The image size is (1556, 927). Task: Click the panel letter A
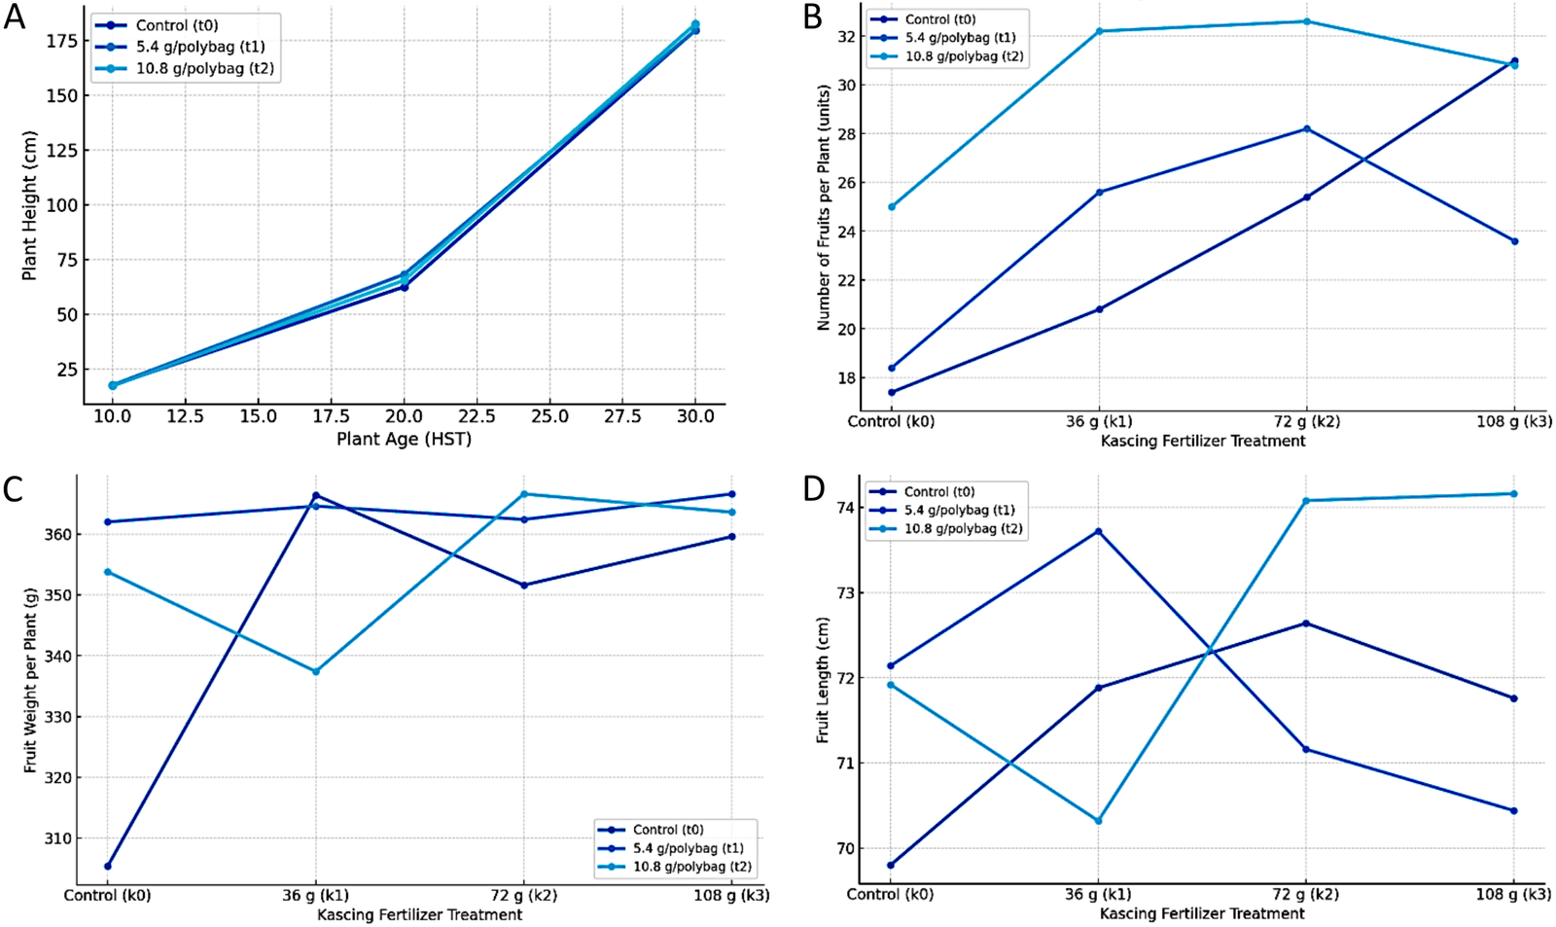pos(14,18)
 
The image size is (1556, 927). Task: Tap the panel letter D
pos(814,489)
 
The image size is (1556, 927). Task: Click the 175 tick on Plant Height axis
pos(61,41)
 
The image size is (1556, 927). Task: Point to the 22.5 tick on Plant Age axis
pos(477,416)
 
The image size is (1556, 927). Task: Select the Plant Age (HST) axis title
pos(404,440)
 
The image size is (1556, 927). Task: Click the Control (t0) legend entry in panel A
pos(176,25)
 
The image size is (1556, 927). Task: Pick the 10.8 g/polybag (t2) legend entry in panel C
pos(691,867)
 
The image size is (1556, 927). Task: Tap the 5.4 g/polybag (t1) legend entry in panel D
pos(959,510)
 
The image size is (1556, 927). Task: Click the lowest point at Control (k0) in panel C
pos(107,866)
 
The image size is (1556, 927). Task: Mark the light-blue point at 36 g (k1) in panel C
pos(316,671)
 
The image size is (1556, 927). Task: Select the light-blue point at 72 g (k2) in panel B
pos(1306,21)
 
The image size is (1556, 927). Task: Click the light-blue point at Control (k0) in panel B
pos(892,207)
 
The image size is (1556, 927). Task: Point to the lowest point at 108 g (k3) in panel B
pos(1514,241)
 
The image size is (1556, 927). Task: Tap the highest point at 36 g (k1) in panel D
pos(1098,531)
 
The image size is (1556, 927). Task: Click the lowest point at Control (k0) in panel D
pos(891,865)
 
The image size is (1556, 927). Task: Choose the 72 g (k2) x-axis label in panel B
pos(1305,421)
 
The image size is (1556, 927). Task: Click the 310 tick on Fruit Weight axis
pos(59,838)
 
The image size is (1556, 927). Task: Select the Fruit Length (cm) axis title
pos(823,679)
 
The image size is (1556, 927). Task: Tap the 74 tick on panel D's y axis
pos(843,508)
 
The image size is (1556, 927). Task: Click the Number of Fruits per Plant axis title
pos(824,207)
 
